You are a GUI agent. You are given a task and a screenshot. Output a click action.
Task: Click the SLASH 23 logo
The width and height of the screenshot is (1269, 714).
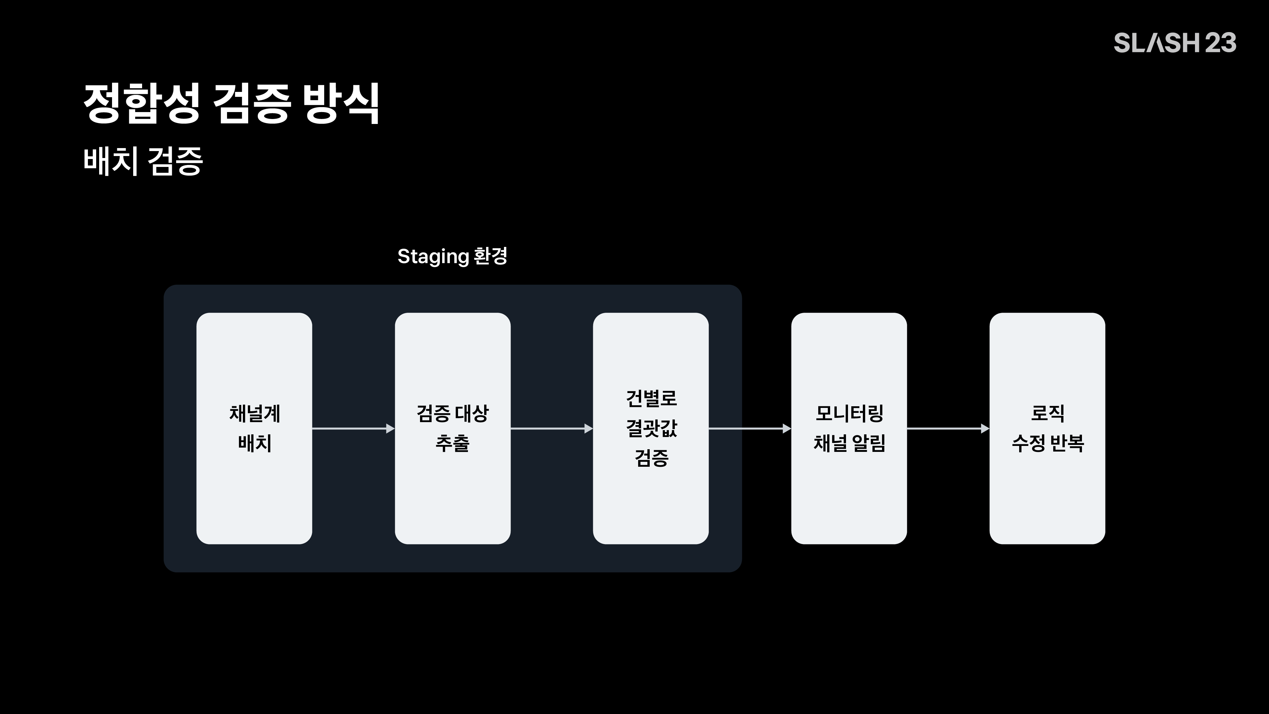pyautogui.click(x=1175, y=43)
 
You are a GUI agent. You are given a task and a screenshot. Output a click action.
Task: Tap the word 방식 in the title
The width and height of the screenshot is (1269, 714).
pyautogui.click(x=341, y=103)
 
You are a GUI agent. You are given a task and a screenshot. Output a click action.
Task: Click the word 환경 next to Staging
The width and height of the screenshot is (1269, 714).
pyautogui.click(x=490, y=256)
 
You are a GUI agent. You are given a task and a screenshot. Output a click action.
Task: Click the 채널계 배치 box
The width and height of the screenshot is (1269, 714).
pyautogui.click(x=254, y=428)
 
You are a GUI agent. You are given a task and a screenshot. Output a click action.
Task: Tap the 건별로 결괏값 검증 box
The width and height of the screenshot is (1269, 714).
pyautogui.click(x=651, y=428)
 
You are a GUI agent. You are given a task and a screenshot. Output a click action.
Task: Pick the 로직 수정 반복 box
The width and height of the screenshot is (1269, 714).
pyautogui.click(x=1047, y=428)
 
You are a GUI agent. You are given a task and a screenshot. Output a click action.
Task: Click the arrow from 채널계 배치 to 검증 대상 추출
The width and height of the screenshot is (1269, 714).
pyautogui.click(x=354, y=429)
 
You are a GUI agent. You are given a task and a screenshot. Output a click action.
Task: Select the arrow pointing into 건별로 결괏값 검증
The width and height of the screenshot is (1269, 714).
pyautogui.click(x=552, y=429)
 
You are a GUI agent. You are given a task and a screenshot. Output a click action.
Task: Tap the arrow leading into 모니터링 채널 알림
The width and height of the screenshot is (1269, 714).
pyautogui.click(x=750, y=429)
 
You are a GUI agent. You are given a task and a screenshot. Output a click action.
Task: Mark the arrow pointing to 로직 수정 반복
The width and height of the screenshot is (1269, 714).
pyautogui.click(x=948, y=429)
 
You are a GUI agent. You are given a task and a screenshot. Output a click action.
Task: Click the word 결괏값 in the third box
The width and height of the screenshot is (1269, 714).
pyautogui.click(x=651, y=428)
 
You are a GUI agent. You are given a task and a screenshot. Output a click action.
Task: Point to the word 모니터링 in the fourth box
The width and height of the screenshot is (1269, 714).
pyautogui.click(x=849, y=414)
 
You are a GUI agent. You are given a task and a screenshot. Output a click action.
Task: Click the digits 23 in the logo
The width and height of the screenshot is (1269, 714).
pyautogui.click(x=1221, y=43)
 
